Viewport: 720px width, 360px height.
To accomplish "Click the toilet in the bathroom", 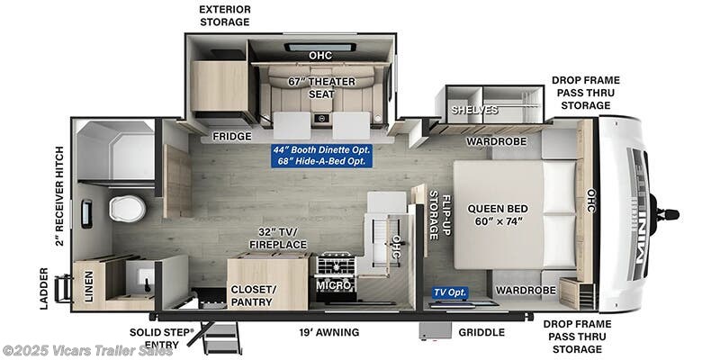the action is pos(127,209).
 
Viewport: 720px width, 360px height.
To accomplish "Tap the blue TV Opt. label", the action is pos(450,292).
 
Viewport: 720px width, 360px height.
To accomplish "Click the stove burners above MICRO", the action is pos(334,265).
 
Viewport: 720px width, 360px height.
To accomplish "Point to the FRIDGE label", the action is pos(232,137).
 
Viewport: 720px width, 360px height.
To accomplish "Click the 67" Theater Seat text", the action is pos(321,87).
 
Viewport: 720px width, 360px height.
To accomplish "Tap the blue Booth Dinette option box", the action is pos(321,156).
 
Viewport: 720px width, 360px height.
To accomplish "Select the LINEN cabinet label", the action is pos(88,286).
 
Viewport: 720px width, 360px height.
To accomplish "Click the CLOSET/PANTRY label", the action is pos(252,296).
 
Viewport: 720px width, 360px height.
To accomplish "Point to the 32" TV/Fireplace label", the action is pos(278,238).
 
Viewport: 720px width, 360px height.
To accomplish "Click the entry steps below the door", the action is pos(221,337).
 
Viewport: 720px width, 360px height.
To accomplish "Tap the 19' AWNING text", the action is pos(328,332).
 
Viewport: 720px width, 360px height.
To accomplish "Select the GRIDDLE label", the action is pos(481,332).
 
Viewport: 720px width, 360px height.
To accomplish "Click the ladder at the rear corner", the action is pos(63,288).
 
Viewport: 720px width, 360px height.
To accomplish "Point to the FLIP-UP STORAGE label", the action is pos(439,215).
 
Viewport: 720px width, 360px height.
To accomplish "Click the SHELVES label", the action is pos(474,110).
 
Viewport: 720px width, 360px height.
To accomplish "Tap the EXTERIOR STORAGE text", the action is pos(224,15).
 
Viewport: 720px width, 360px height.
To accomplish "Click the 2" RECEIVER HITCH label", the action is pos(59,196).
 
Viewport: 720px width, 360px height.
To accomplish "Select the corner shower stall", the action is pos(115,150).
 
